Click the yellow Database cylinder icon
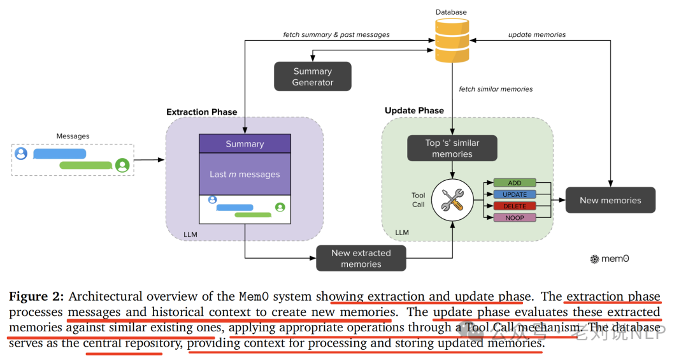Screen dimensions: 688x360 click(x=452, y=40)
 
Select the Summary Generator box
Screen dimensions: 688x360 click(x=312, y=76)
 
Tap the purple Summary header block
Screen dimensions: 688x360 click(x=245, y=143)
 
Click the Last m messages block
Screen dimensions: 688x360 click(x=245, y=174)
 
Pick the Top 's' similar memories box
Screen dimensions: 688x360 click(x=452, y=148)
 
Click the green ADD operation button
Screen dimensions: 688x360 click(x=515, y=183)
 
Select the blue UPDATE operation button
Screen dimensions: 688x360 click(x=515, y=194)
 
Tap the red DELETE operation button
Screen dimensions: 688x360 click(x=515, y=206)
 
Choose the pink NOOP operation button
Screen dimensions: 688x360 click(x=515, y=218)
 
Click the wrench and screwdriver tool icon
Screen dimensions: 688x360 click(x=452, y=200)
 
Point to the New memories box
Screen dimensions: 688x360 click(x=610, y=200)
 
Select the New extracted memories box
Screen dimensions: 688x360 click(x=361, y=258)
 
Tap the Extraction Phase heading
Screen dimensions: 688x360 click(x=202, y=112)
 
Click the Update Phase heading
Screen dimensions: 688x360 click(x=414, y=110)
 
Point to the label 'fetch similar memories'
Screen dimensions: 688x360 click(x=496, y=89)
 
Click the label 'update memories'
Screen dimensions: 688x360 click(x=537, y=34)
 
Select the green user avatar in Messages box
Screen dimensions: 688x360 click(x=122, y=165)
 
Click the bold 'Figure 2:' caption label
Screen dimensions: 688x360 click(x=36, y=297)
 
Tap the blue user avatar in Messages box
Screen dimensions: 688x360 click(x=21, y=153)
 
